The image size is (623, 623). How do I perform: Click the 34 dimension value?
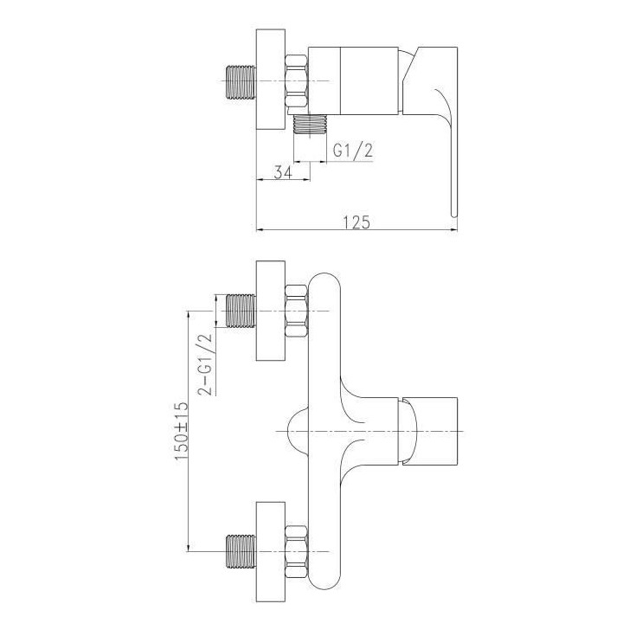point(282,172)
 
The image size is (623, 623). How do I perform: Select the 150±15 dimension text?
point(180,432)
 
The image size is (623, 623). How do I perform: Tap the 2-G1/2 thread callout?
point(204,365)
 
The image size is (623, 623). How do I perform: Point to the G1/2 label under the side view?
point(353,151)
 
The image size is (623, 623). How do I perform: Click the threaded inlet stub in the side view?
point(241,81)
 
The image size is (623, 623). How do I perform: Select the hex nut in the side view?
point(297,80)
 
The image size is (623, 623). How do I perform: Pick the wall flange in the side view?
point(271,80)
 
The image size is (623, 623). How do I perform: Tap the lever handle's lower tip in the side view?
point(453,215)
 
